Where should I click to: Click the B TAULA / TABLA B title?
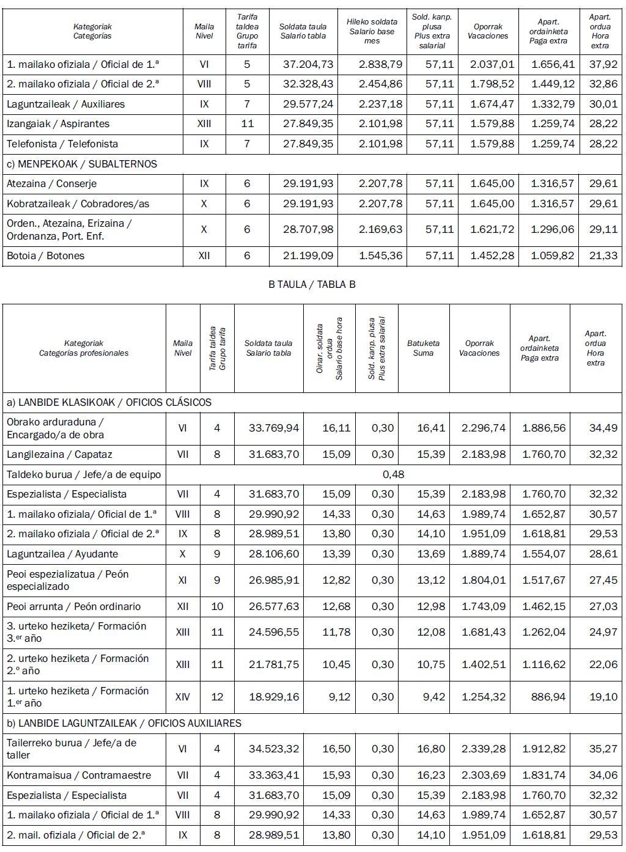(x=312, y=284)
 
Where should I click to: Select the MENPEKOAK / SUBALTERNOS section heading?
(x=82, y=164)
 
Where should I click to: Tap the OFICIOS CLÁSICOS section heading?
(x=109, y=402)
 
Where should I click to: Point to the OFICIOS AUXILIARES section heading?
(x=124, y=723)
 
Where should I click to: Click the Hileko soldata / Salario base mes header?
(x=372, y=31)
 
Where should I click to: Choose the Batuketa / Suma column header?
(x=423, y=348)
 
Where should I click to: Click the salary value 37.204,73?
(x=308, y=64)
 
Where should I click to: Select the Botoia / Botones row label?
(x=46, y=255)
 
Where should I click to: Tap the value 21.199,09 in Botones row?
(x=308, y=255)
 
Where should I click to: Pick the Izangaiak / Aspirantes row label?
(x=58, y=123)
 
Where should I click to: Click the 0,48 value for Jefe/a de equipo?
(x=393, y=474)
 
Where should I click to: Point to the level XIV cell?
(x=182, y=697)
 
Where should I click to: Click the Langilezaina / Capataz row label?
(x=59, y=454)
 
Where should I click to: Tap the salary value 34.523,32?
(x=274, y=749)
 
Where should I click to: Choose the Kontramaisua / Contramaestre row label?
(x=79, y=775)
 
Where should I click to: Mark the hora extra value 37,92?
(x=603, y=64)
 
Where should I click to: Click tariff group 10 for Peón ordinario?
(x=217, y=606)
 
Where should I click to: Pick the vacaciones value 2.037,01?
(x=492, y=64)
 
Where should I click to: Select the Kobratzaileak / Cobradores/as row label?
(x=78, y=204)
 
